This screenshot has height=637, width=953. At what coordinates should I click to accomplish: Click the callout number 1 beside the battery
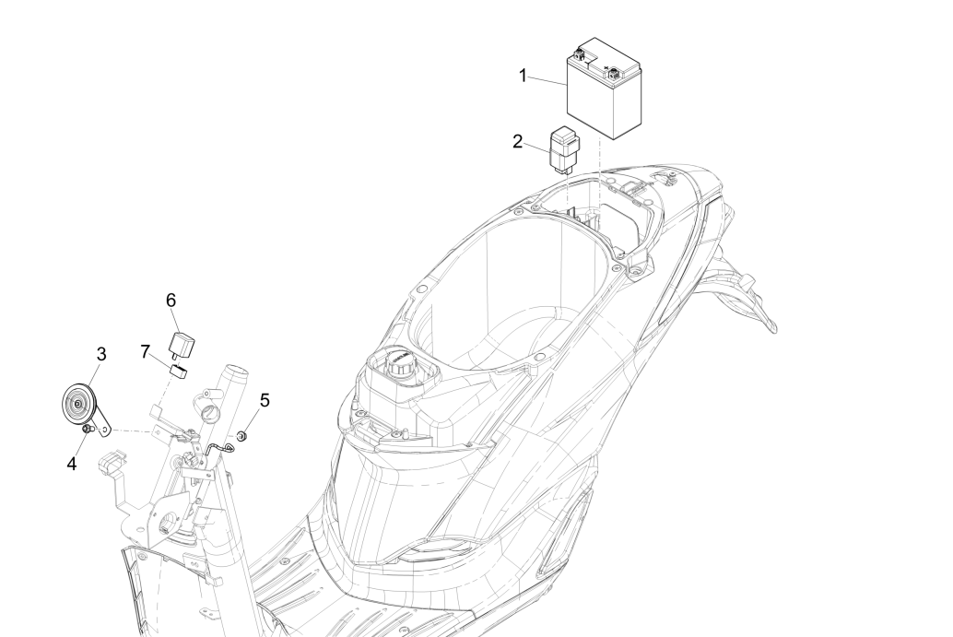[x=523, y=76]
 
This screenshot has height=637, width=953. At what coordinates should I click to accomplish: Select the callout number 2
[x=517, y=142]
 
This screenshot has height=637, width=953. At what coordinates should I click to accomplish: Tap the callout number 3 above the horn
[x=100, y=354]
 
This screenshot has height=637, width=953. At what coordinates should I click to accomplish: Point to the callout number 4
[x=72, y=464]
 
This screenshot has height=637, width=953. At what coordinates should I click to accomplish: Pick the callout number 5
[x=265, y=401]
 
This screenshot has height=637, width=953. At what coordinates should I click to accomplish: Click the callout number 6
[x=171, y=300]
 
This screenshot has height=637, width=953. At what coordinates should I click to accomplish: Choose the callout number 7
[x=145, y=351]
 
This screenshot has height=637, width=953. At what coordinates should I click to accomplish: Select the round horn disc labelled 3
[x=79, y=404]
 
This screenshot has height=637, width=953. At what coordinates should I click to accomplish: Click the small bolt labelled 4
[x=88, y=431]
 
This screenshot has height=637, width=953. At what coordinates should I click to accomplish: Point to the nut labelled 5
[x=241, y=436]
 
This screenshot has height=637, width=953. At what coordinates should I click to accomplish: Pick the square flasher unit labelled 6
[x=180, y=345]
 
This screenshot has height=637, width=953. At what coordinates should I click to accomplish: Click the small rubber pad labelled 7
[x=178, y=371]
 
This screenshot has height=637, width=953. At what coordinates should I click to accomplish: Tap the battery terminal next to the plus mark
[x=614, y=75]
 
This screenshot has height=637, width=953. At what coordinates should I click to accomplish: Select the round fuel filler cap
[x=400, y=365]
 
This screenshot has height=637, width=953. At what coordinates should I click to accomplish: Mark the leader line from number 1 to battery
[x=547, y=80]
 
